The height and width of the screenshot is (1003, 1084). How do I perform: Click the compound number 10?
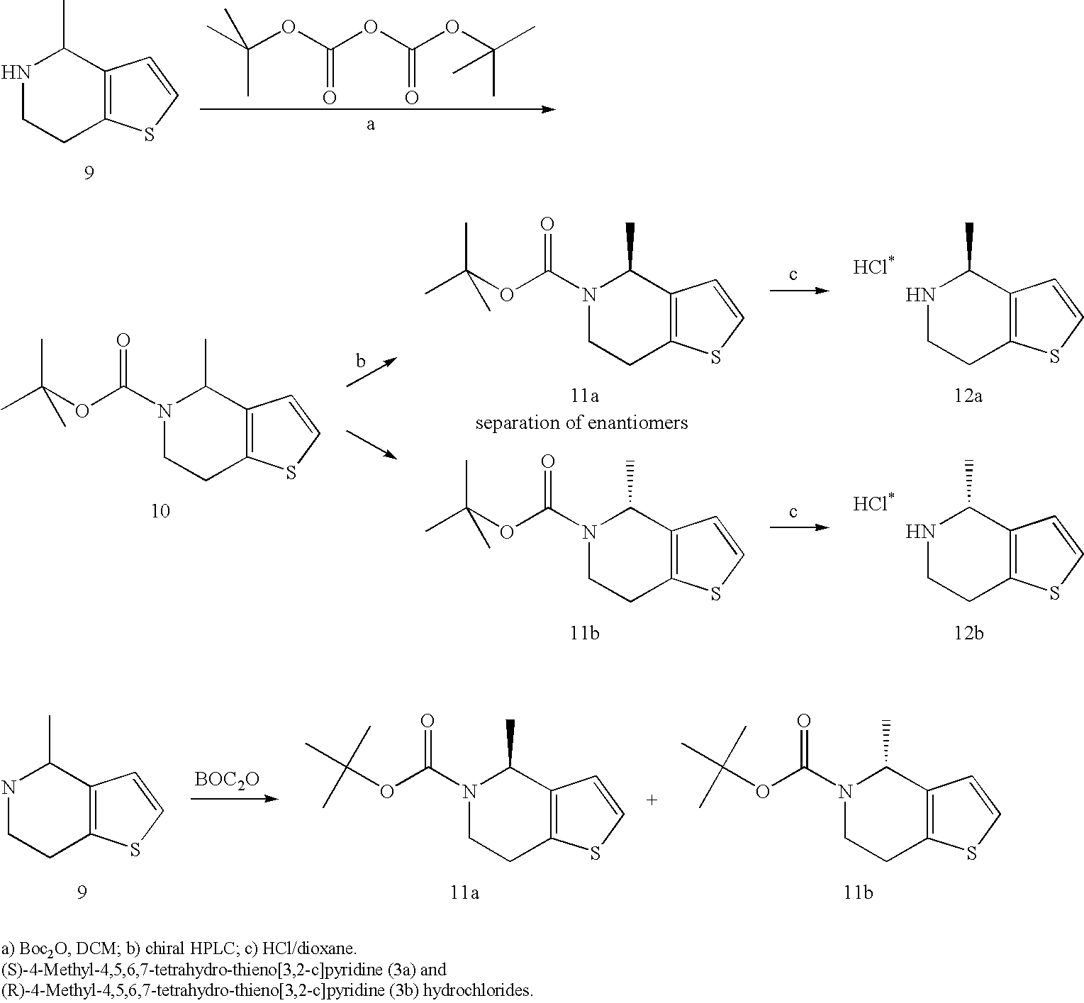pos(160,511)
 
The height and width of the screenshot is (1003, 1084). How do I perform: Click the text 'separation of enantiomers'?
pos(581,423)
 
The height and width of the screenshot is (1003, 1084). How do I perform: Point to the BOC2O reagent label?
pos(227,780)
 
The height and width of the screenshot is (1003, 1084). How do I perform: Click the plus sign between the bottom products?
pos(652,800)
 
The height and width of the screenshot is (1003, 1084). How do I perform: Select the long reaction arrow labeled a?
pos(377,109)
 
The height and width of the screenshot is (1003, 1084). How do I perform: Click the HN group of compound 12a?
pos(917,295)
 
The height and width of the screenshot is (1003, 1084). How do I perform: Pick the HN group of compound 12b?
pos(917,532)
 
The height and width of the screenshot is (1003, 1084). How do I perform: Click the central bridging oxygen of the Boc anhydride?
pos(367,28)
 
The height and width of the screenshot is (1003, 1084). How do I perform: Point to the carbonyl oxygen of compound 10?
pos(123,342)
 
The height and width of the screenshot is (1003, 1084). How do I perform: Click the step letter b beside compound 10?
pos(361,361)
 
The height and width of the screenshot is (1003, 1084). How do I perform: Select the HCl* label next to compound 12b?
pos(873,503)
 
